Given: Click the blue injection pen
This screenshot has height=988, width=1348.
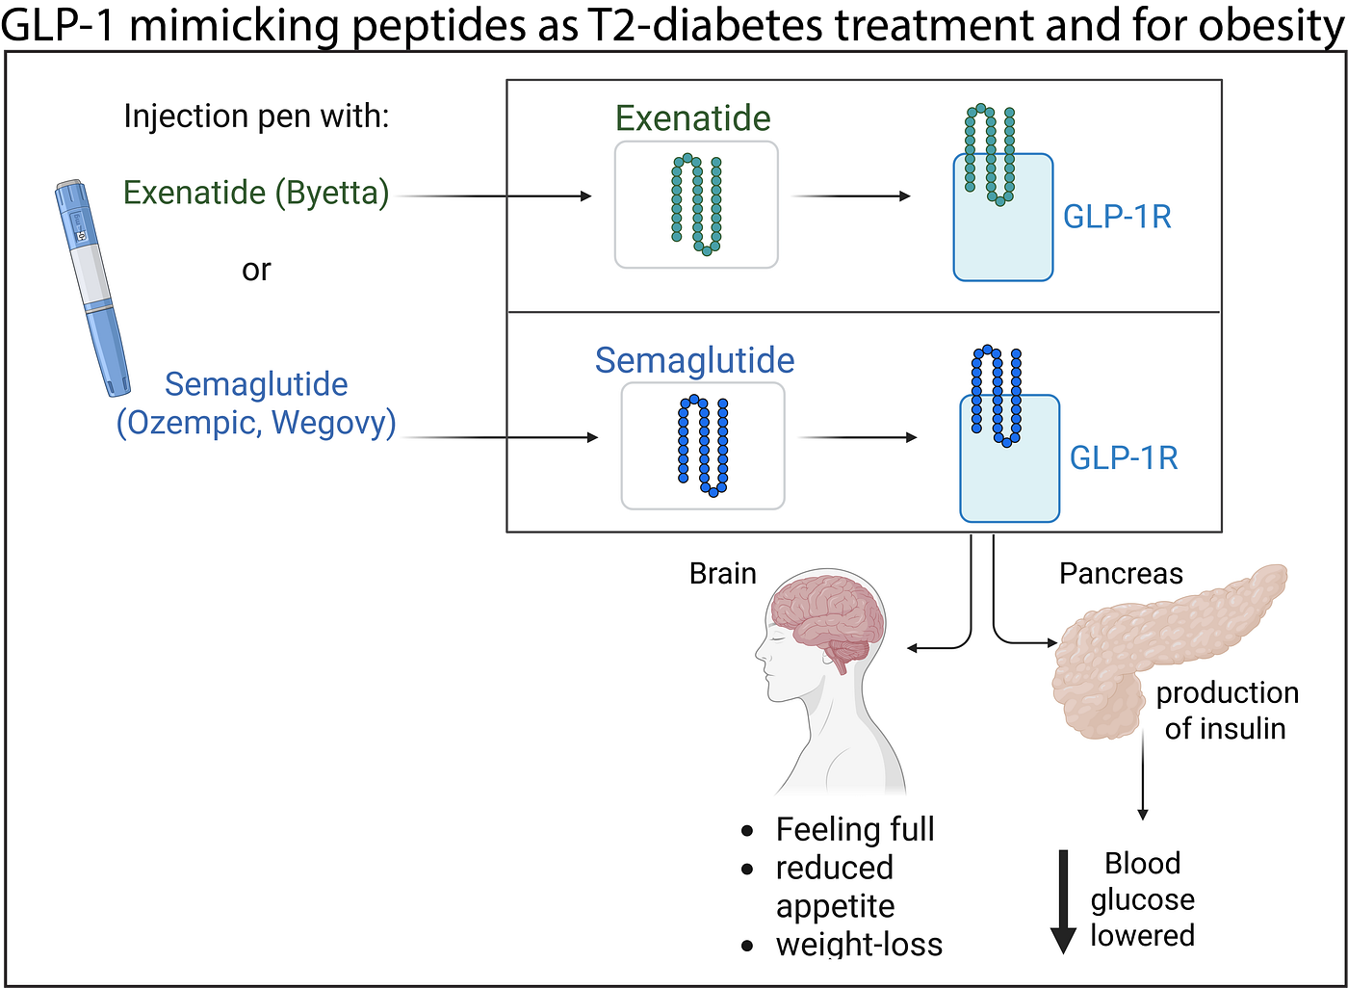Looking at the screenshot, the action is tap(92, 288).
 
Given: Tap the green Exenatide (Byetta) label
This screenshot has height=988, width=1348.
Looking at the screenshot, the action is tap(256, 194).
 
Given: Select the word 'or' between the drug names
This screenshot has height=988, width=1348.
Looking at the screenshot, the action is tap(256, 271).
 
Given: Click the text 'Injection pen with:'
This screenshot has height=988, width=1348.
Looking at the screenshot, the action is tap(256, 116).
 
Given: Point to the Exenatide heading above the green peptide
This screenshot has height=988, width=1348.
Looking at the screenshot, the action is tap(692, 117).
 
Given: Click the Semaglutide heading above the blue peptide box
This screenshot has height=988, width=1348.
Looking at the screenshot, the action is tap(694, 360).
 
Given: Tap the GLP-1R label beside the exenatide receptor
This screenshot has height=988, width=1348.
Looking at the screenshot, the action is tap(1117, 217).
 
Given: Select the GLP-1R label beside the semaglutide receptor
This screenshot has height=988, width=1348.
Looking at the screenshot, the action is tap(1124, 458).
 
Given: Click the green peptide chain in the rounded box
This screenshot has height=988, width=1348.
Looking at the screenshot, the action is tap(697, 204).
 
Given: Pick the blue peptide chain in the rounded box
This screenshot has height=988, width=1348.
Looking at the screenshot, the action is tap(703, 445).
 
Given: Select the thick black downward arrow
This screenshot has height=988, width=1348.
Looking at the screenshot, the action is tap(1063, 901).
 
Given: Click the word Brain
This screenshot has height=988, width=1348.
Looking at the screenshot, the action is tap(723, 573).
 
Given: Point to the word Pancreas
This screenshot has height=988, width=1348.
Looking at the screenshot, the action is tap(1121, 573).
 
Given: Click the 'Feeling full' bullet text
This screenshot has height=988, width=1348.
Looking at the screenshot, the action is tap(855, 829).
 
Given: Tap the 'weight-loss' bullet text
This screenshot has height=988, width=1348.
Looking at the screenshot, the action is tap(859, 944).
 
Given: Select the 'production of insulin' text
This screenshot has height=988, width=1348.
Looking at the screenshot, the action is tap(1227, 711).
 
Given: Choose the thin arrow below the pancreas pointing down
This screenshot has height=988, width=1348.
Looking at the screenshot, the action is tap(1143, 774).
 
